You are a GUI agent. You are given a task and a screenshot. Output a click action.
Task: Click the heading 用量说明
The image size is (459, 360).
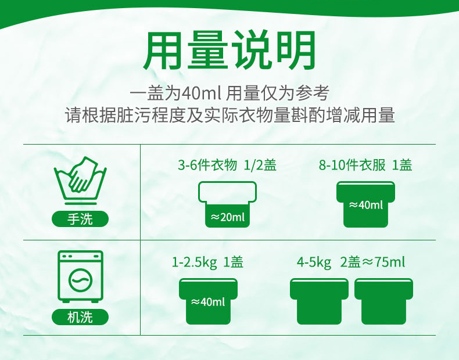pyautogui.click(x=229, y=50)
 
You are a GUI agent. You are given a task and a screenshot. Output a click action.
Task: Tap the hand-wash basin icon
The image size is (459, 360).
pyautogui.click(x=80, y=181)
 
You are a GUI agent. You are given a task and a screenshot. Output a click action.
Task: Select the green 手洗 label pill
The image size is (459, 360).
pyautogui.click(x=80, y=219)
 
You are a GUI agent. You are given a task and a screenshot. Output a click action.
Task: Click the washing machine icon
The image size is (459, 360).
pyautogui.click(x=81, y=276)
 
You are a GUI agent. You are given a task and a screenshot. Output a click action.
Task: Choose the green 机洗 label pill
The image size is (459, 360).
pyautogui.click(x=80, y=317)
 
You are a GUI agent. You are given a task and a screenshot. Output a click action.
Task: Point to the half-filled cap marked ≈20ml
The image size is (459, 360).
pyautogui.click(x=227, y=204)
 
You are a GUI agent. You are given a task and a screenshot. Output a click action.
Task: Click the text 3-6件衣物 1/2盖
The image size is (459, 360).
pyautogui.click(x=227, y=165)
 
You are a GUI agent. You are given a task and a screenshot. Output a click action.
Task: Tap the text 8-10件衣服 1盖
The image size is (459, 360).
pyautogui.click(x=365, y=165)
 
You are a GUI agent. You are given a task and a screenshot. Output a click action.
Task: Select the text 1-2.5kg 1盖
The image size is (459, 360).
pyautogui.click(x=207, y=262)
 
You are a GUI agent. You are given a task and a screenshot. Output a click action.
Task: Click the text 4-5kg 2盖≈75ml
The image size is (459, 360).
pyautogui.click(x=351, y=262)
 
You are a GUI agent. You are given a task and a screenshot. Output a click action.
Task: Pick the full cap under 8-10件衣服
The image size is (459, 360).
pyautogui.click(x=365, y=204)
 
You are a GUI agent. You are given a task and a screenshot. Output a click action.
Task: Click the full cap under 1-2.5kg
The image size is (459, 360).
pyautogui.click(x=208, y=301)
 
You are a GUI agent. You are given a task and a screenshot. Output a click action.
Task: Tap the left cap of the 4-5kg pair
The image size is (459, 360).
pyautogui.click(x=319, y=301)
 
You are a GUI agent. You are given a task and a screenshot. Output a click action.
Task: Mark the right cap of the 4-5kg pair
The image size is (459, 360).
pyautogui.click(x=383, y=301)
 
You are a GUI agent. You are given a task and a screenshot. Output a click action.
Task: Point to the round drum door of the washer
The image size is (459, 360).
pyautogui.click(x=81, y=280)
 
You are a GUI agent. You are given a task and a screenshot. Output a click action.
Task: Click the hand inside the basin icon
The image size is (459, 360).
pyautogui.click(x=82, y=175)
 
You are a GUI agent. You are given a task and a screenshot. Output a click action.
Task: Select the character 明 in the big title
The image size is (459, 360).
pyautogui.click(x=295, y=50)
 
